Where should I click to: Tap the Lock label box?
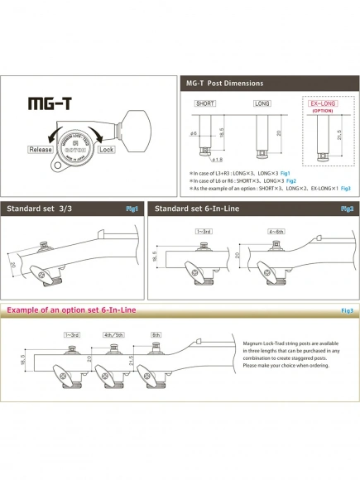point(106,151)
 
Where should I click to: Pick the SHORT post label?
point(205,104)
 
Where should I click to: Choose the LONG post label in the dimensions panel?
point(264,104)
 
